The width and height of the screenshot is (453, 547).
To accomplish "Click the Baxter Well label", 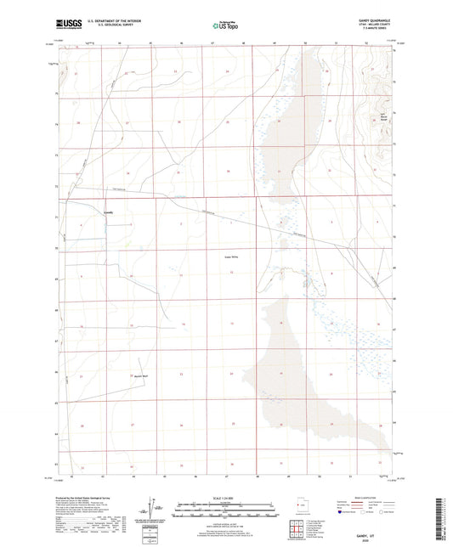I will [x=140, y=374].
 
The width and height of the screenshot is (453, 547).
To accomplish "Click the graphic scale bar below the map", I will [x=225, y=511].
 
